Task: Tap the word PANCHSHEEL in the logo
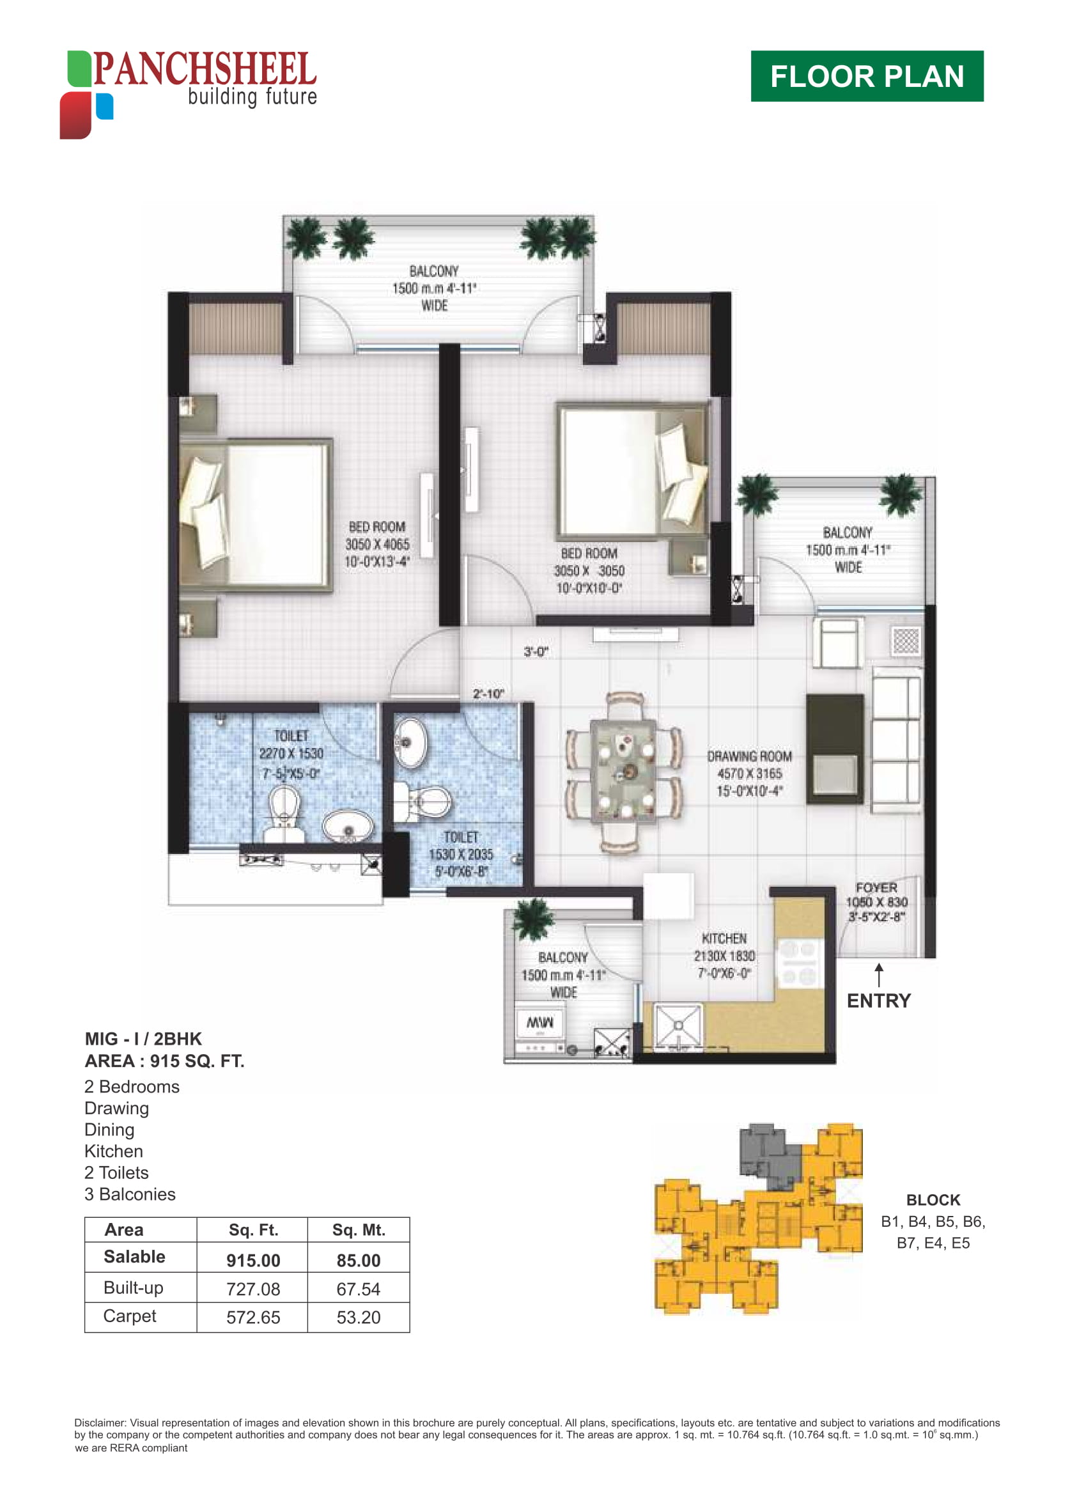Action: [x=205, y=68]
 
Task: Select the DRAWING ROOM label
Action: [x=749, y=756]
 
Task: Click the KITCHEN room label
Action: [x=724, y=938]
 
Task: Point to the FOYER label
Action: [x=876, y=887]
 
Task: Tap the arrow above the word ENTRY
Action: [x=878, y=975]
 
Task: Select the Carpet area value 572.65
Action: [x=253, y=1317]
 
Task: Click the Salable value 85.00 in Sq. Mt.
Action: [x=359, y=1261]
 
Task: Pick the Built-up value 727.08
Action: [x=253, y=1289]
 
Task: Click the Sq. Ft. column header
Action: [x=254, y=1229]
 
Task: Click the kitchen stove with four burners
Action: [x=798, y=963]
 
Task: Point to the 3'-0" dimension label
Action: [x=536, y=651]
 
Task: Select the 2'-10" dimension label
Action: [x=488, y=693]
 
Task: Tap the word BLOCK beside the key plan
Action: [x=933, y=1200]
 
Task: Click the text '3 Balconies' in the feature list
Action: [x=130, y=1194]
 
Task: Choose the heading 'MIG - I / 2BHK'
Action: [x=143, y=1038]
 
